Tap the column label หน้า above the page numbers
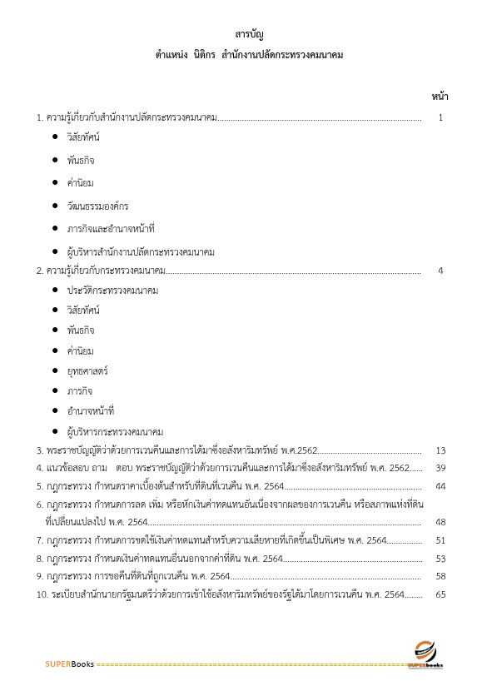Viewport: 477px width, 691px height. coord(440,97)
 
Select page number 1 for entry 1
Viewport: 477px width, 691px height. coord(440,117)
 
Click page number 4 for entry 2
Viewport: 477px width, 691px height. coord(440,271)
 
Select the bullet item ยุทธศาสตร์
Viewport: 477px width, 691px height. coord(87,370)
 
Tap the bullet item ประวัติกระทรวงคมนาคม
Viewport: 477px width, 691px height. coord(112,291)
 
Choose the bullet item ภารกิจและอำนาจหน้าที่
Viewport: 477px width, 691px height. coord(111,227)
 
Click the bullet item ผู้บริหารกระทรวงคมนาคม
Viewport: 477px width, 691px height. coord(115,432)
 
